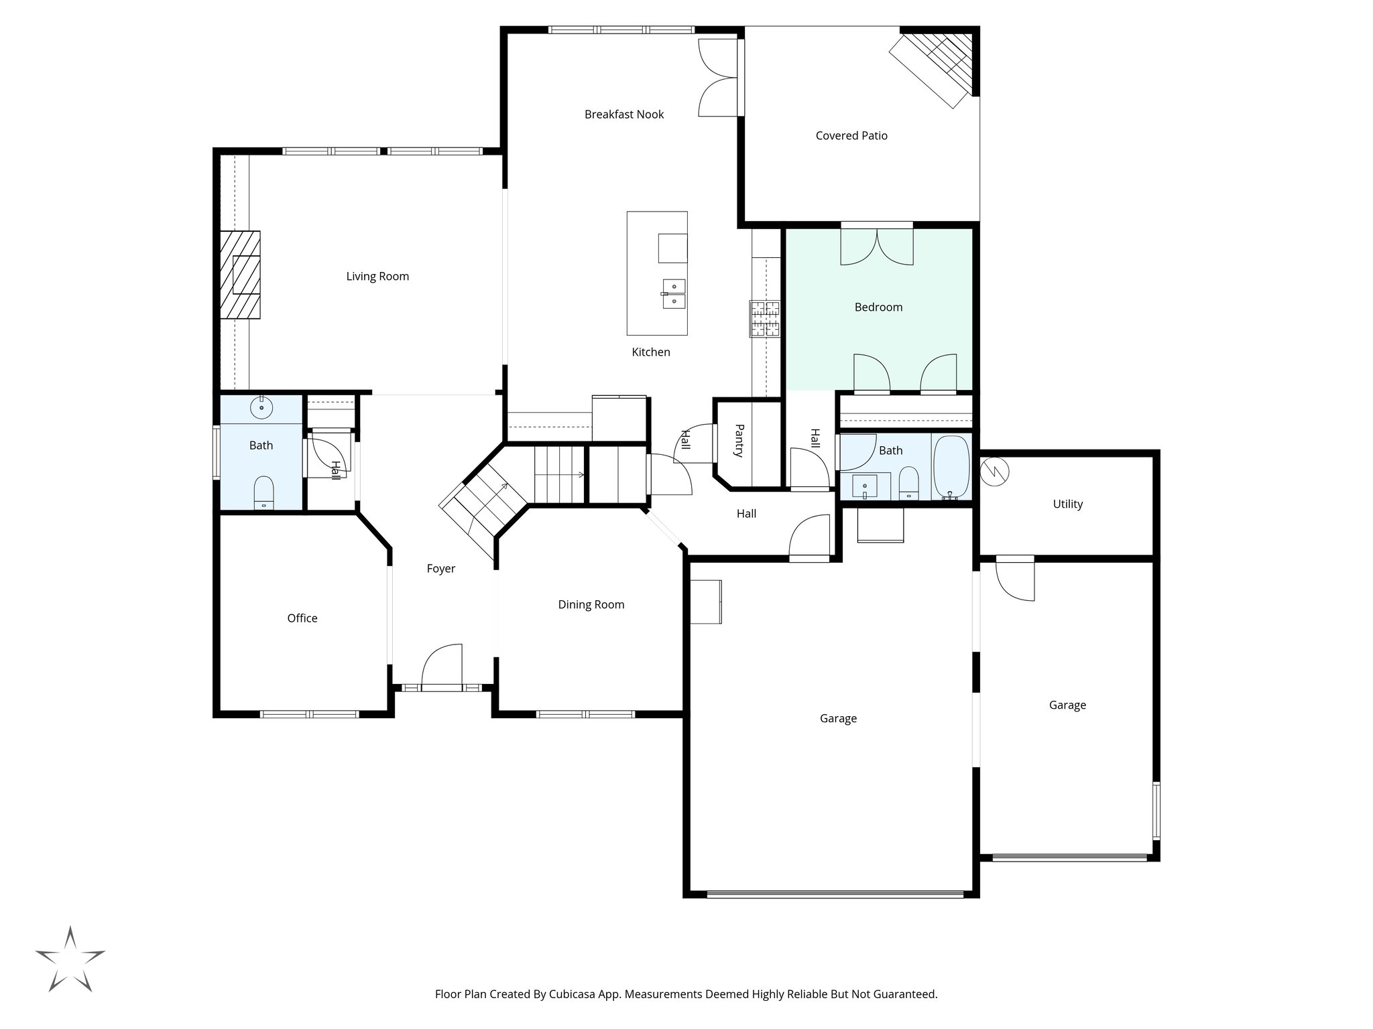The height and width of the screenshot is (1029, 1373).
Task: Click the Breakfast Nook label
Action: point(623,115)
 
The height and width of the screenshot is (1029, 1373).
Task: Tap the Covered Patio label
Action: point(851,136)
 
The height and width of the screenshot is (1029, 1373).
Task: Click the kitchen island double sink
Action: point(674,294)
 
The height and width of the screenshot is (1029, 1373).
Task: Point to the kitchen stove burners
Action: point(765,318)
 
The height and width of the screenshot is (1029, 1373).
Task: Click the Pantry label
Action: point(739,440)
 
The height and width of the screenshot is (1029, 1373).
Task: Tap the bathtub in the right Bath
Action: point(951,467)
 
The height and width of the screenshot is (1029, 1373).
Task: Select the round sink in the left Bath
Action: point(261,407)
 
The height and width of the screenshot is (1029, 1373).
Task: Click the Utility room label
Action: point(1067,504)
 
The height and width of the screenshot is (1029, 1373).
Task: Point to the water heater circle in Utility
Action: point(995,472)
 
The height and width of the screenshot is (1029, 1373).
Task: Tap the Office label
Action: point(302,618)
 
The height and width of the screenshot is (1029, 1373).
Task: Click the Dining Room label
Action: point(591,605)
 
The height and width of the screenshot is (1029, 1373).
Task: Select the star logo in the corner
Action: point(70,959)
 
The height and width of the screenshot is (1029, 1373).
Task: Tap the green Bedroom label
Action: point(878,307)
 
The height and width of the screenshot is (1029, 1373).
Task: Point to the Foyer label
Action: point(440,569)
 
